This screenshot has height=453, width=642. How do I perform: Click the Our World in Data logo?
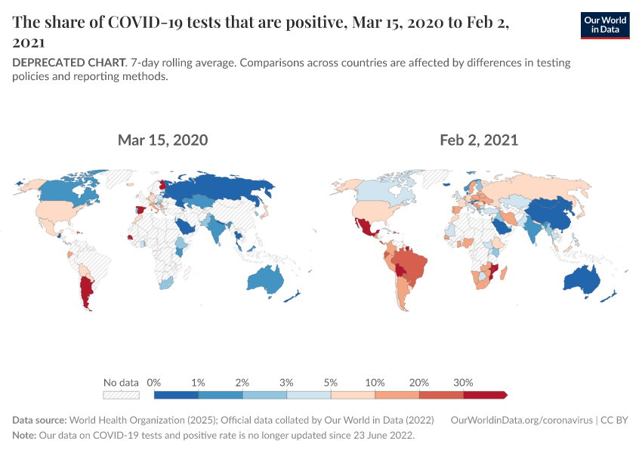click(x=605, y=26)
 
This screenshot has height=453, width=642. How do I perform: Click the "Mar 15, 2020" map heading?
click(x=162, y=140)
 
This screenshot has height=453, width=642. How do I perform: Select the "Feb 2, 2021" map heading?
click(x=479, y=140)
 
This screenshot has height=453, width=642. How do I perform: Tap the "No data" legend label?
click(x=121, y=382)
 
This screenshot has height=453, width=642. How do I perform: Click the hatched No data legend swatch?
click(x=121, y=394)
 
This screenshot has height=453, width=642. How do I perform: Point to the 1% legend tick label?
click(x=199, y=382)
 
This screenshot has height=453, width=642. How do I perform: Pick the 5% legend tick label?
click(x=331, y=382)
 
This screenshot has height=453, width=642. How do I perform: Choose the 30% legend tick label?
click(x=463, y=382)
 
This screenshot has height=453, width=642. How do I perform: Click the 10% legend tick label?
click(x=375, y=382)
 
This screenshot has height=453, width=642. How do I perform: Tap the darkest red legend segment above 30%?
click(x=483, y=394)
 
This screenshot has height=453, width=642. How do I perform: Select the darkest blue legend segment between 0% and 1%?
click(x=176, y=394)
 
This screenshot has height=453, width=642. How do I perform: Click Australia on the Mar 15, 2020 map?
click(x=264, y=279)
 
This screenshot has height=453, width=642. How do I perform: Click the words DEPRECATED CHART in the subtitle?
click(x=68, y=63)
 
